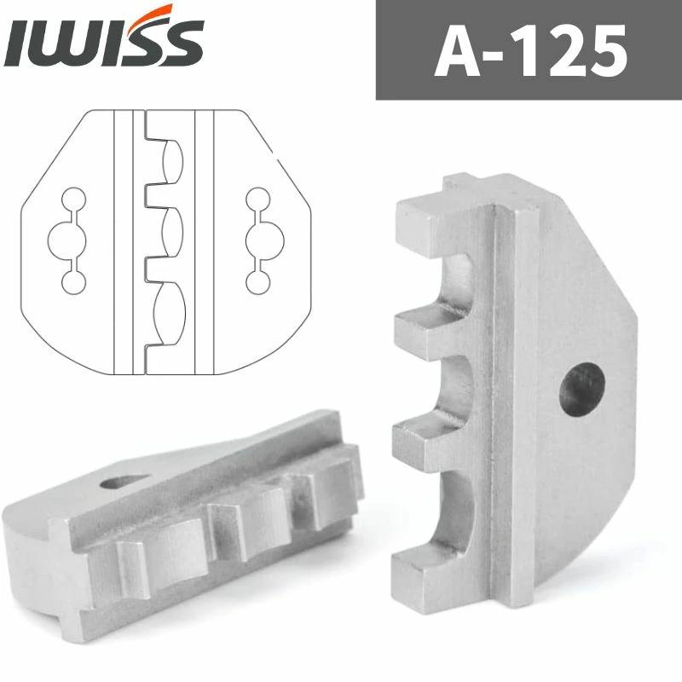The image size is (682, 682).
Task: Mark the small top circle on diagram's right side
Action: pyautogui.click(x=256, y=200)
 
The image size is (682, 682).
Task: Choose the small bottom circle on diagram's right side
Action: pyautogui.click(x=256, y=278)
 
